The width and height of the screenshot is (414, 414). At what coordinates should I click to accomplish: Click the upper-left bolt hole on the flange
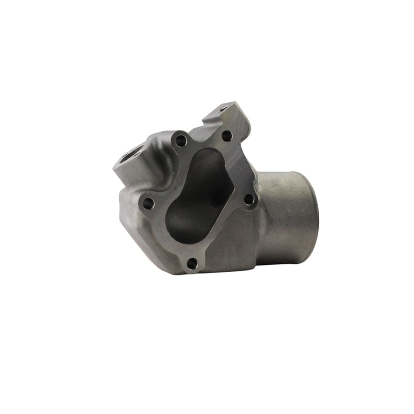click(180, 139)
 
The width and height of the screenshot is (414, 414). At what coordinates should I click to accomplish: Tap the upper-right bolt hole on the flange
click(226, 136)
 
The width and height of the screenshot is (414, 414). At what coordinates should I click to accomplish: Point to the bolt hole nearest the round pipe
click(248, 199)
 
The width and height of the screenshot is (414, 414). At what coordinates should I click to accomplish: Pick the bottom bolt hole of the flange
click(192, 263)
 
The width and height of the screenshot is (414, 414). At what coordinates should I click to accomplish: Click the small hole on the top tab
click(224, 109)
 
